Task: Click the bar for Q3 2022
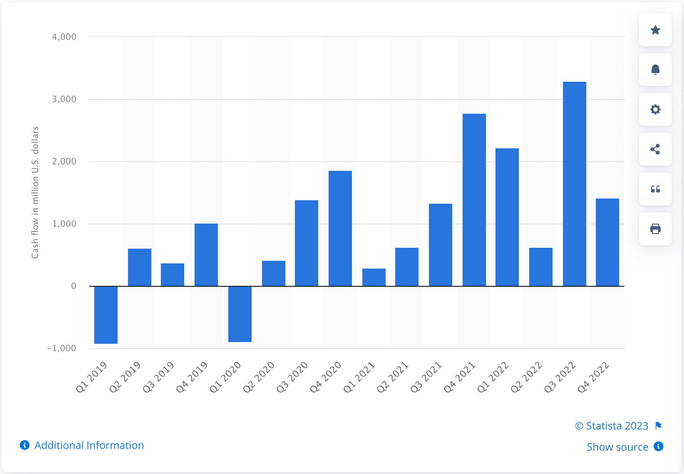click(574, 184)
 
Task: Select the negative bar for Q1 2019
click(106, 315)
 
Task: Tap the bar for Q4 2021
click(474, 200)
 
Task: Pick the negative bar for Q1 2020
click(240, 314)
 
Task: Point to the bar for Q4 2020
click(340, 228)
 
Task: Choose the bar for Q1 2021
click(374, 277)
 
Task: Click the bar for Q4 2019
click(206, 255)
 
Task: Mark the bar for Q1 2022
click(507, 217)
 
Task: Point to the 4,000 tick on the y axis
click(64, 37)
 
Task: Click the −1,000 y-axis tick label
click(61, 348)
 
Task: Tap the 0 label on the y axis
click(74, 286)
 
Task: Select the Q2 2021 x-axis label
click(393, 378)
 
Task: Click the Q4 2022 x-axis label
click(594, 378)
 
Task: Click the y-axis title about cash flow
click(35, 192)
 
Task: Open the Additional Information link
click(89, 445)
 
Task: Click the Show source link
click(617, 447)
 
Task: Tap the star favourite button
click(655, 30)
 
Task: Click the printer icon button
click(655, 229)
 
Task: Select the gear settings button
click(655, 109)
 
